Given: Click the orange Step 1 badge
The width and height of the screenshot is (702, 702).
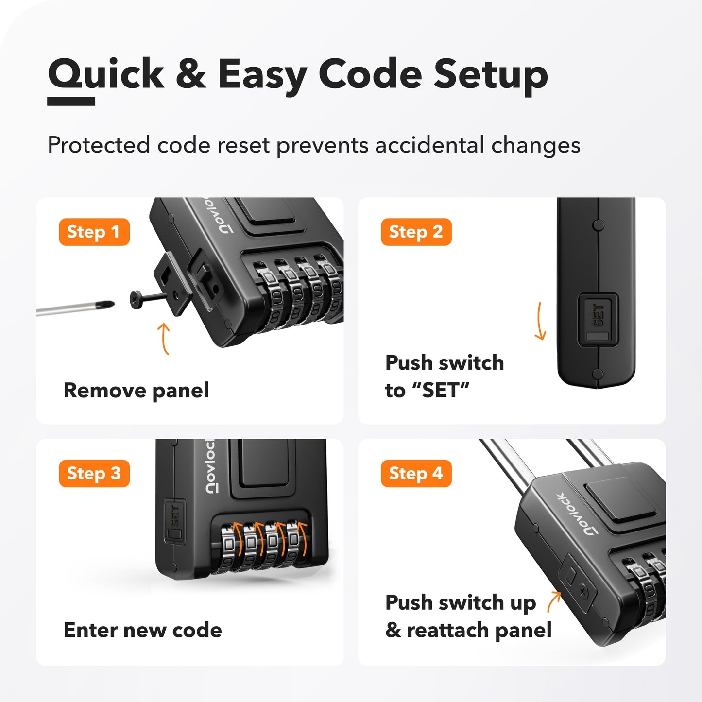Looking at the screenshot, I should point(94,232).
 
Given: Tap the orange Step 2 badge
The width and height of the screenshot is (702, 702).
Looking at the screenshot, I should point(416,232).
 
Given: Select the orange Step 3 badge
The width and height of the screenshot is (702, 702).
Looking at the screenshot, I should point(94,473).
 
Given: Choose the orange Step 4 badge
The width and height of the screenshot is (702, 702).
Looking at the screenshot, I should point(416,473).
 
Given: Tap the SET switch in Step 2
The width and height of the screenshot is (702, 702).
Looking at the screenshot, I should point(598,319).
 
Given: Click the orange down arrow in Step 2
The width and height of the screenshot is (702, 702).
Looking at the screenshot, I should point(540,321).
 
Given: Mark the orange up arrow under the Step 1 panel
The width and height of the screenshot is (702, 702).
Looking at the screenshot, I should point(165,339).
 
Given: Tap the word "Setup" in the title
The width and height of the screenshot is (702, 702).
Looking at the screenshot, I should point(491,75).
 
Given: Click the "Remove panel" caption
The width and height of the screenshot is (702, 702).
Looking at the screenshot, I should point(137,390).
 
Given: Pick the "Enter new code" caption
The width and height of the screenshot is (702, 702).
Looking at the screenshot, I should point(143,630).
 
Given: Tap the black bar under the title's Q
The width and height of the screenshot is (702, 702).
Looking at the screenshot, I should point(71,101).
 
